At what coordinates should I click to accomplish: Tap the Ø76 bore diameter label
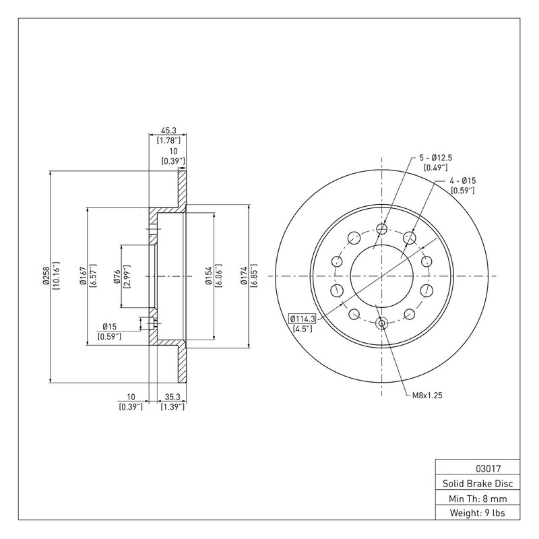pos(117,277)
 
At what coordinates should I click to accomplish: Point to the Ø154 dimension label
pos(208,276)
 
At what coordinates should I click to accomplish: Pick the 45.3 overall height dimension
pos(168,131)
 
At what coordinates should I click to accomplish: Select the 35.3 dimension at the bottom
pos(172,397)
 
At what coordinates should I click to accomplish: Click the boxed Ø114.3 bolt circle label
pos(303,319)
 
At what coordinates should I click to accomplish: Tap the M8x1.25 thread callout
pos(427,395)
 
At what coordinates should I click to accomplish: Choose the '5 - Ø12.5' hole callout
pos(435,158)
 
